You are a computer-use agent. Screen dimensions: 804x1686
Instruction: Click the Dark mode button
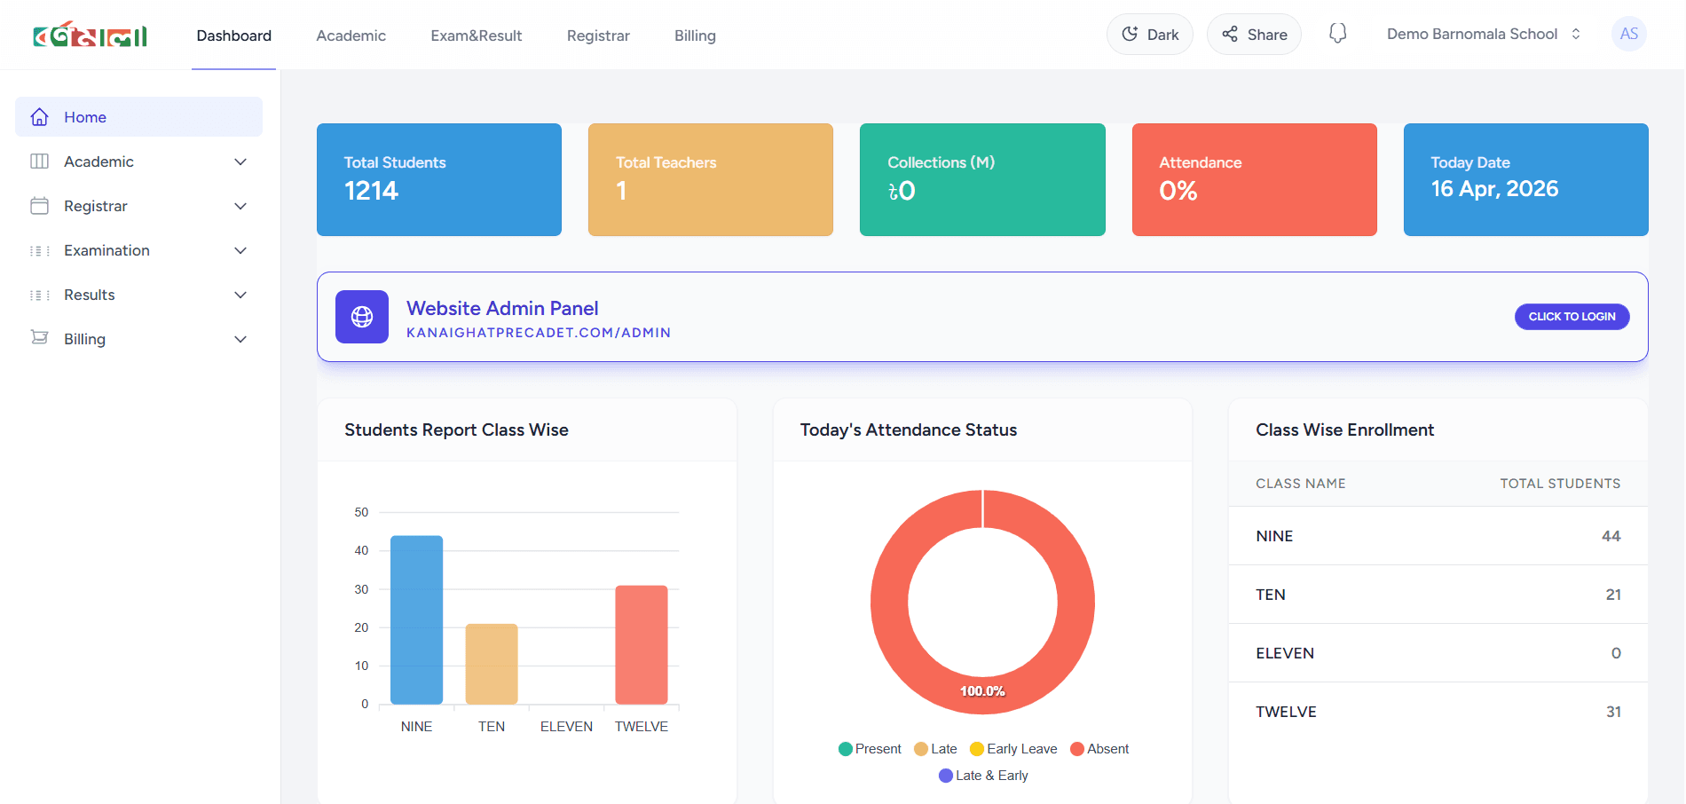(x=1149, y=35)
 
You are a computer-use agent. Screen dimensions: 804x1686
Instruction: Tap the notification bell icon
(x=1337, y=34)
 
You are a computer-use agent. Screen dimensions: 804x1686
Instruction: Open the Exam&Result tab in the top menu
(x=476, y=35)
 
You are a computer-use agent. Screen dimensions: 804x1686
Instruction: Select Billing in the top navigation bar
(x=695, y=35)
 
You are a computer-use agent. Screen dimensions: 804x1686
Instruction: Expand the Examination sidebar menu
(x=138, y=250)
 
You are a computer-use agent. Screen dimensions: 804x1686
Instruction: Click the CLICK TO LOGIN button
(x=1571, y=317)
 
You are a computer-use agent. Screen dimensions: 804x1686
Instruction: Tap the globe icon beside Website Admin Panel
(x=362, y=317)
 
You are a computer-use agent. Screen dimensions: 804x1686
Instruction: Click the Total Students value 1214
(x=371, y=191)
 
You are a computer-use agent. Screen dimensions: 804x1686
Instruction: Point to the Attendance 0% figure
(x=1178, y=191)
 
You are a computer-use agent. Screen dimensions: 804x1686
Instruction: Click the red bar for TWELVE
(x=641, y=644)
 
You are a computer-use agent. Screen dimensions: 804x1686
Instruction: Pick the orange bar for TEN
(x=492, y=664)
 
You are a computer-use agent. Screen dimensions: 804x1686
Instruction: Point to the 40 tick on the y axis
(x=361, y=551)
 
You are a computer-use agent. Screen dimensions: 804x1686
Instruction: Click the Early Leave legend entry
(x=1013, y=749)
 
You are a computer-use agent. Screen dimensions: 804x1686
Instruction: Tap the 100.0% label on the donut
(x=982, y=691)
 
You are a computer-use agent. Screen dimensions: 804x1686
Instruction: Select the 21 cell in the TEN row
(x=1612, y=595)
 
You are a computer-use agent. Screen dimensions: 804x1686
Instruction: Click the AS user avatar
(x=1628, y=34)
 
